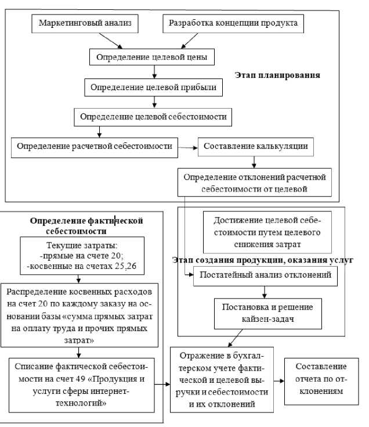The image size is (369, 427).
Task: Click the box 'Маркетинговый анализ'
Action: pos(85,24)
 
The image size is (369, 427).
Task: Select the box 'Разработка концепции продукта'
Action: pos(233,24)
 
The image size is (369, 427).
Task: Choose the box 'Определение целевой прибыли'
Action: pos(154,88)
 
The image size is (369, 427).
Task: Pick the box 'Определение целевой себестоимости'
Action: pos(154,117)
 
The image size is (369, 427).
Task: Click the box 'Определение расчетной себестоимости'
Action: pos(95,146)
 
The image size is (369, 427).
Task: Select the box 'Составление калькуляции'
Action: pos(255,146)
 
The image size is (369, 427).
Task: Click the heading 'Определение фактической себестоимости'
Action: pos(86,225)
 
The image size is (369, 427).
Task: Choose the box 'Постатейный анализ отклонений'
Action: pos(265,275)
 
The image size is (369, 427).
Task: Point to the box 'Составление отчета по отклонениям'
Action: pos(320,379)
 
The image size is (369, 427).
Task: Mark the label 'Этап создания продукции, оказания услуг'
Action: pos(263,260)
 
